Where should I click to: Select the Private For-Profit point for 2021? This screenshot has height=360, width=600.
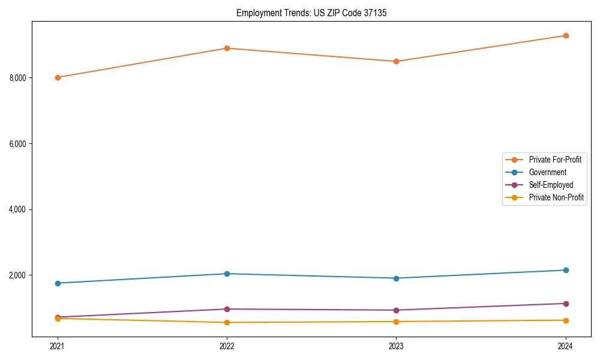(58, 77)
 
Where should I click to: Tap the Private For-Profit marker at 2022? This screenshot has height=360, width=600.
(227, 48)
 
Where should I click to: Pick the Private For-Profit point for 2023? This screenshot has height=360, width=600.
(396, 61)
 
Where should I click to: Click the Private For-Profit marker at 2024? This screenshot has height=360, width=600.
(566, 35)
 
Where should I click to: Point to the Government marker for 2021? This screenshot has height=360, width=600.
(58, 283)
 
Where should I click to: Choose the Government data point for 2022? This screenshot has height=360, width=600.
(227, 274)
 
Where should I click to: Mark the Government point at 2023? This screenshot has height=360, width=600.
(396, 278)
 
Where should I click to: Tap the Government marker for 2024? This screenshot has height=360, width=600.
(566, 270)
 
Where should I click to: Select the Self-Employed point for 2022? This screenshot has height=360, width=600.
(227, 309)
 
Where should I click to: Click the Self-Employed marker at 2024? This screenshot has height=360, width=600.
(566, 304)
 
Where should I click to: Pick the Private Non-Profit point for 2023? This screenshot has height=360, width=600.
(396, 322)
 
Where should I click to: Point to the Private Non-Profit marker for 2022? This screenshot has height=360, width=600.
(227, 322)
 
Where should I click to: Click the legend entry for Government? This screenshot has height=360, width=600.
(547, 172)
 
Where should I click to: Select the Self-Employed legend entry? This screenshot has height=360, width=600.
(551, 185)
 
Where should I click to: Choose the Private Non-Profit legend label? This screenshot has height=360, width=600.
(556, 197)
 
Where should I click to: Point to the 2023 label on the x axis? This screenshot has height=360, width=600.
(396, 346)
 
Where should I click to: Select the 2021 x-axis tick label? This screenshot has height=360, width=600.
(58, 346)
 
